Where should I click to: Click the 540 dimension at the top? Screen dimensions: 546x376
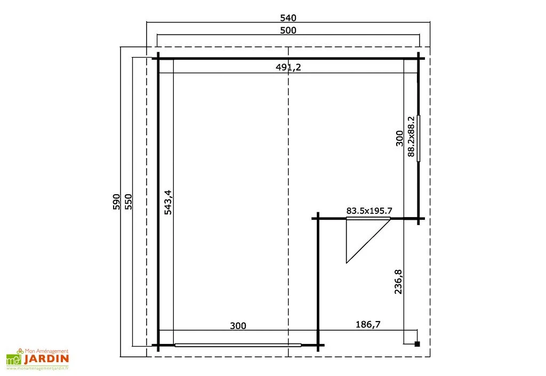coord(288,18)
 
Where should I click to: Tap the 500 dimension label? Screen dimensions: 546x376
coord(288,30)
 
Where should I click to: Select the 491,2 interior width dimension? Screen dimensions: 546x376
coord(288,67)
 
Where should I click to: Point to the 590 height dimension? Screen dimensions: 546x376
coord(116,202)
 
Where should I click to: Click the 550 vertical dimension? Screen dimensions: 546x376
coord(129,202)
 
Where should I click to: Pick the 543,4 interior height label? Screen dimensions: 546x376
coord(168,202)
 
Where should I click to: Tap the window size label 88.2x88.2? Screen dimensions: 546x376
coord(411,137)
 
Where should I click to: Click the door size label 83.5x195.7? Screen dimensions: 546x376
coord(369,211)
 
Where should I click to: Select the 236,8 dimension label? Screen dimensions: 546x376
coord(398,282)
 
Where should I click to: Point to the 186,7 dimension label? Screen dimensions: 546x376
coord(368,324)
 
